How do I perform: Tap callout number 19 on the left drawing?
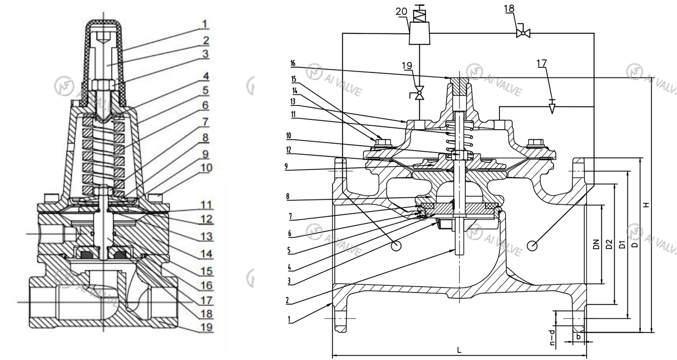click(x=206, y=329)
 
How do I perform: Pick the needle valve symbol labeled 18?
click(x=523, y=33)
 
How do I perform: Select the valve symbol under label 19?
click(x=419, y=90)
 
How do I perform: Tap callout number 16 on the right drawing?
click(x=293, y=63)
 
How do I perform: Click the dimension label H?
click(x=646, y=205)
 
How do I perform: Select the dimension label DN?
click(x=596, y=244)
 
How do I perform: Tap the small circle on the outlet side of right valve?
click(x=534, y=246)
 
